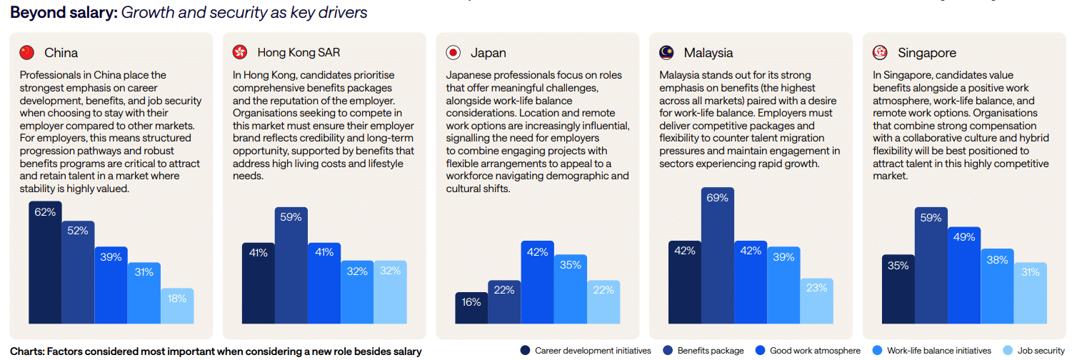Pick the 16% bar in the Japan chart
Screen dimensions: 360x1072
(x=471, y=308)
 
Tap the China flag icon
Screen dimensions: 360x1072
(x=27, y=52)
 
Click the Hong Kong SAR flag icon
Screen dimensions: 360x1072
(x=241, y=52)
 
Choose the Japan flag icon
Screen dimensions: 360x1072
(x=453, y=52)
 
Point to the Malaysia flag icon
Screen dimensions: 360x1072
(x=666, y=52)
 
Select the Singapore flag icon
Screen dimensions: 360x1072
(x=880, y=52)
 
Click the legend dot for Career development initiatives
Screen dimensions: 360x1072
(x=525, y=351)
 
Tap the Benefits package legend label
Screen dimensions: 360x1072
(x=710, y=351)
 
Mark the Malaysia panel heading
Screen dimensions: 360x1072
(x=708, y=53)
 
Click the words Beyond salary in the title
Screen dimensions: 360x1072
(x=64, y=12)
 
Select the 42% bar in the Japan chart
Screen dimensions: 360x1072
(x=538, y=282)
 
